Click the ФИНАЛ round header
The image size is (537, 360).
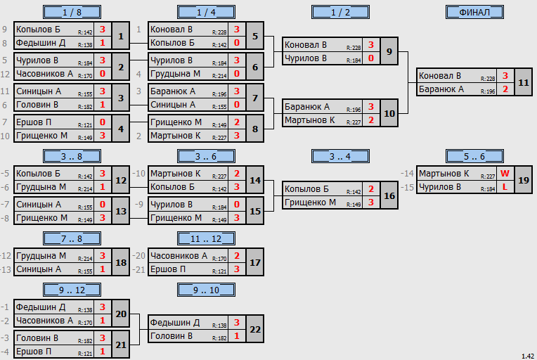474,13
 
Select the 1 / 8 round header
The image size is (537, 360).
72,13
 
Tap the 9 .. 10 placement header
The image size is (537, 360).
206,290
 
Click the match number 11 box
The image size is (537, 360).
524,82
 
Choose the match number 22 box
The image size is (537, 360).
255,329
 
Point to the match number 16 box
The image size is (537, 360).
389,195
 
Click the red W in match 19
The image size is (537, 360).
505,174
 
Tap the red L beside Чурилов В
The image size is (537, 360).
505,187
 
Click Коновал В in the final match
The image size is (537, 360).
440,76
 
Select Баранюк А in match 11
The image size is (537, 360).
441,89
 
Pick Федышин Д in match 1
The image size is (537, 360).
41,43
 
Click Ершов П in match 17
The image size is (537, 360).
168,269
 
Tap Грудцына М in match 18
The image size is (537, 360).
41,256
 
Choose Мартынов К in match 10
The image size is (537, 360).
309,120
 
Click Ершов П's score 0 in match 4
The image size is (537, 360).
103,122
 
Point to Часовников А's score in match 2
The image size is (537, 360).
103,74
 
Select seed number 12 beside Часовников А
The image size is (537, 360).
5,74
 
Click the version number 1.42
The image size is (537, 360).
528,356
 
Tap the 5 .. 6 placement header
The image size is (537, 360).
474,157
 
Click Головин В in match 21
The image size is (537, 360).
37,338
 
